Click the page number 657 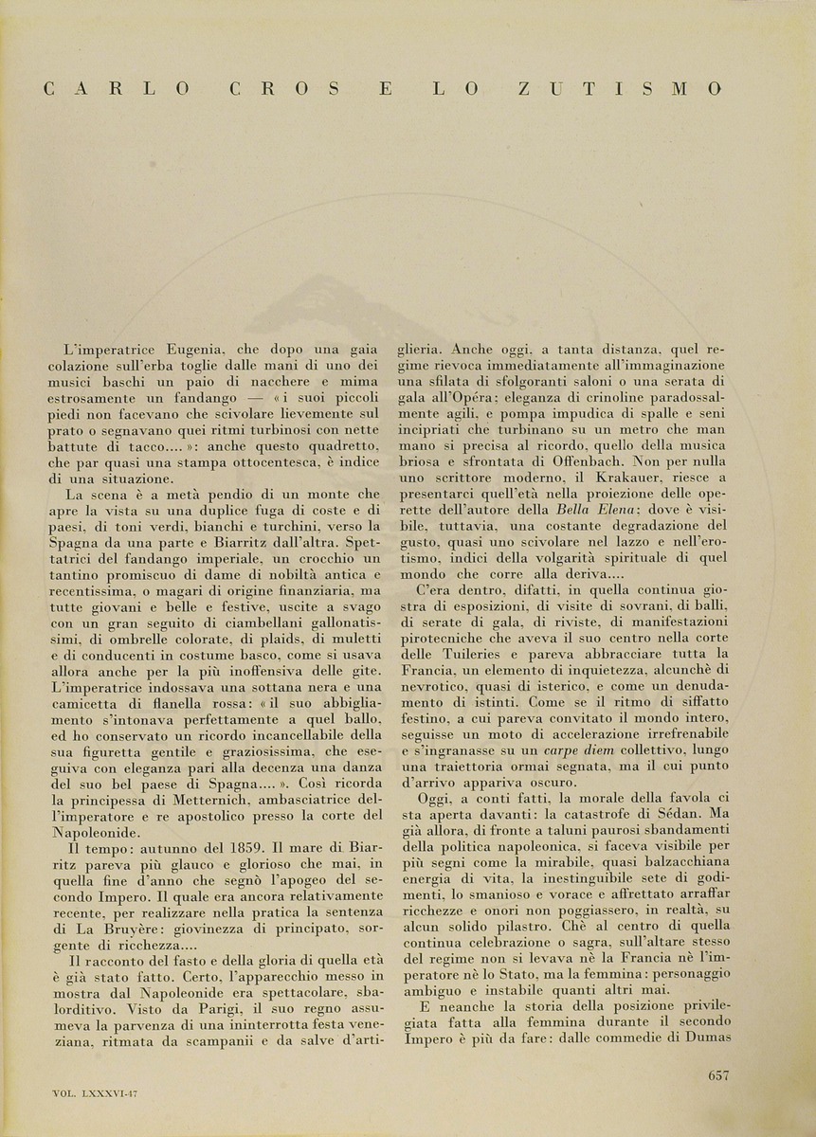(717, 1074)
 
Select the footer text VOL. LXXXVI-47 (96, 1092)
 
